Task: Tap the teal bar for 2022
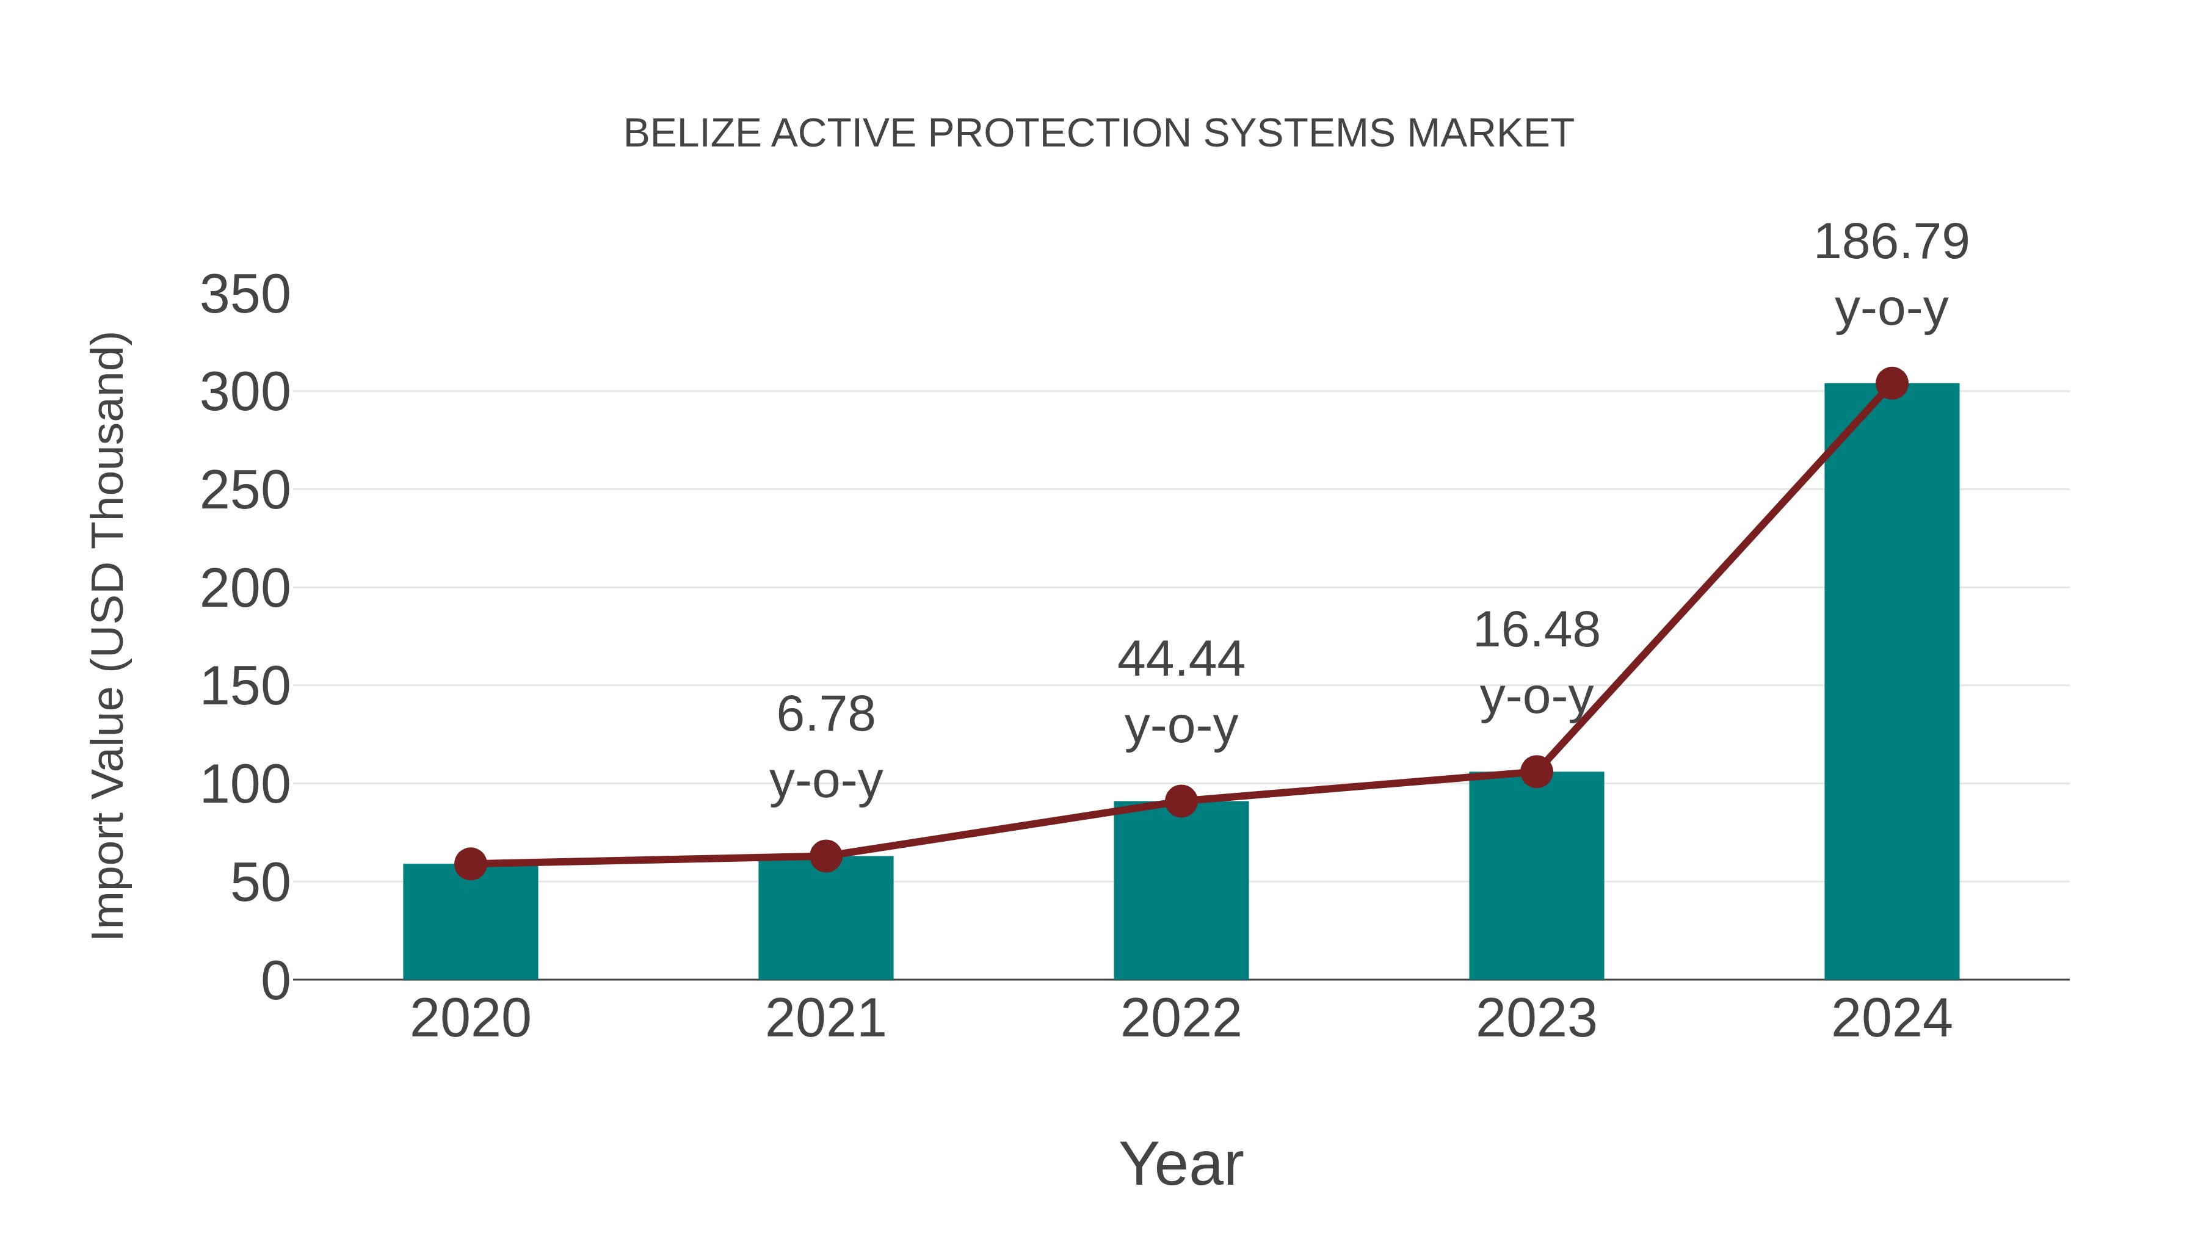(1181, 891)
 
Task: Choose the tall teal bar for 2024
(1892, 682)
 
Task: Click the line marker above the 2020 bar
(470, 864)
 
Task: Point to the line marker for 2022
(1181, 801)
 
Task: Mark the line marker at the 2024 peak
(1892, 384)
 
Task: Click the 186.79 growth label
(1892, 242)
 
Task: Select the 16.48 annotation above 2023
(1536, 631)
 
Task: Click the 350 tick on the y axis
(245, 295)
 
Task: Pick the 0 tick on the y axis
(275, 980)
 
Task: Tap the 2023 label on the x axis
(1536, 1019)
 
